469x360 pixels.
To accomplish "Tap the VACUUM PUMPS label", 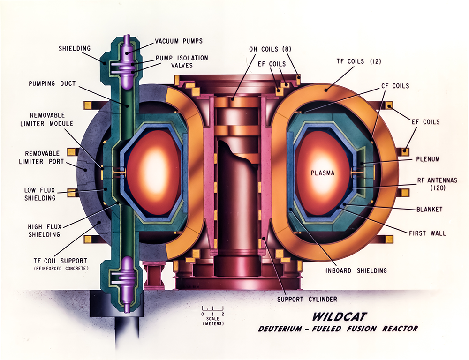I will click(180, 41).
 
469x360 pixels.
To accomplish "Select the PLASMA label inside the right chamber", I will click(322, 173).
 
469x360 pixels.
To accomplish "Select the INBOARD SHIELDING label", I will click(352, 270).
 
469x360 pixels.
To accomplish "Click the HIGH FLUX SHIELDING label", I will click(45, 231).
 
